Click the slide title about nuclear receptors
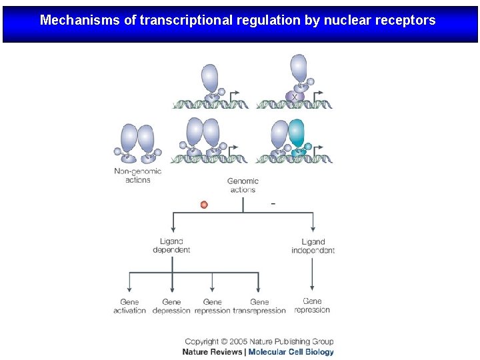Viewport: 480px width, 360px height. click(237, 20)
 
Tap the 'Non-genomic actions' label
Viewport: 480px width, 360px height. click(138, 175)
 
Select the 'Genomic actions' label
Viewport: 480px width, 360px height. click(243, 185)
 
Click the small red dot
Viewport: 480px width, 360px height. click(204, 205)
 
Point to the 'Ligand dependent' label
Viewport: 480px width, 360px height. click(171, 246)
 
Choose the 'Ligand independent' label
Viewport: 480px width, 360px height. click(313, 246)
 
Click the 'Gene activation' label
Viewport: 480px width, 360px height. click(129, 306)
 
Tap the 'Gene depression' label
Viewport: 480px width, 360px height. click(171, 306)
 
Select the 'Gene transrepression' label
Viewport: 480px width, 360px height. click(259, 306)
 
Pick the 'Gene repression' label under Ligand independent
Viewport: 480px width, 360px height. click(312, 305)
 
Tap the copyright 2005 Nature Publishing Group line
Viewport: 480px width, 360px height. click(259, 342)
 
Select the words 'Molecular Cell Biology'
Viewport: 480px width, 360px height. click(291, 352)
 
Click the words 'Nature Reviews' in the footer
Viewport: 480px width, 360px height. click(213, 352)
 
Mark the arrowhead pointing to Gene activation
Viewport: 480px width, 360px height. click(129, 291)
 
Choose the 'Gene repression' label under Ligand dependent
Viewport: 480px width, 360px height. click(213, 306)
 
